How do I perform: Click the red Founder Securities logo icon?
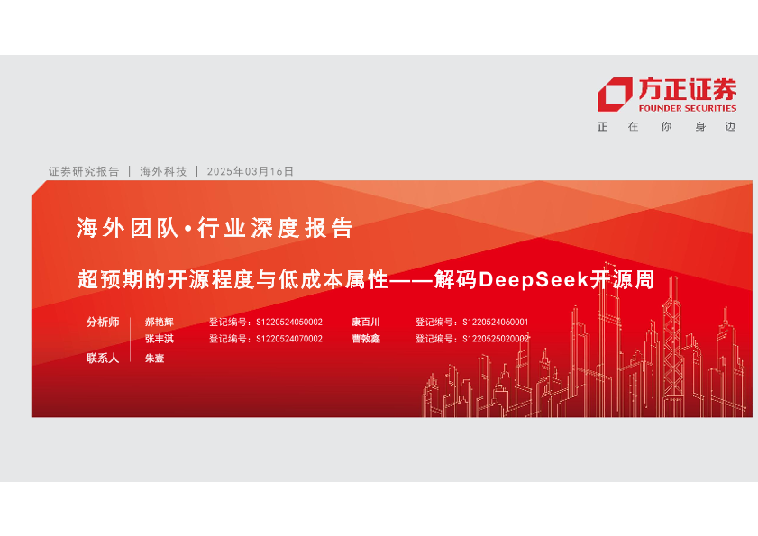coord(615,95)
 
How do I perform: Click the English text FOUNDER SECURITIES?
coord(688,108)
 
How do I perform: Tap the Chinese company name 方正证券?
coord(688,89)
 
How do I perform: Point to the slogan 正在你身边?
coord(667,127)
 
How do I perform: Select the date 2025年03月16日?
coord(251,171)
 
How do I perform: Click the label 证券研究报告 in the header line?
coord(84,171)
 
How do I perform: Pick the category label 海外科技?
coord(163,171)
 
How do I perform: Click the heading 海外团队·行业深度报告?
coord(215,228)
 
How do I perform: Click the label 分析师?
coord(103,322)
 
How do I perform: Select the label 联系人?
coord(103,359)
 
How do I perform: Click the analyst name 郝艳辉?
coord(159,322)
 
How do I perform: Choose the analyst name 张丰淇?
coord(159,339)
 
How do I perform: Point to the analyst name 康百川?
coord(365,322)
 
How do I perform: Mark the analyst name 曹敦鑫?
coord(365,339)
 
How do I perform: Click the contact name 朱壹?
coord(155,359)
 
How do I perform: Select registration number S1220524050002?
coord(289,323)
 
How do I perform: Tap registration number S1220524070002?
coord(289,339)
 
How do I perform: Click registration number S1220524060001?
coord(496,323)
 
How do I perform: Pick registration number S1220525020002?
coord(496,339)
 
